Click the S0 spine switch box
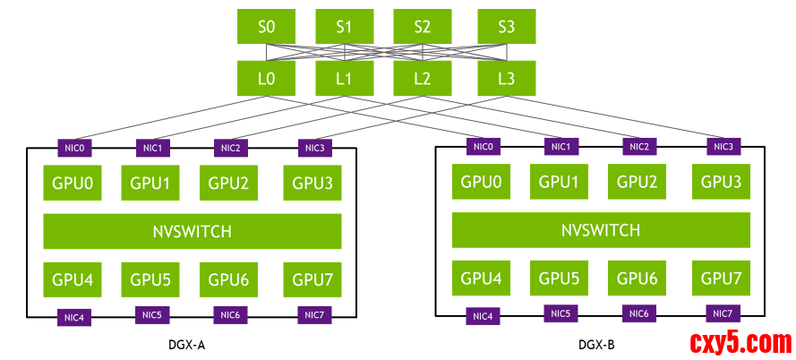coord(266,26)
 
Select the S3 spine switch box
coord(506,26)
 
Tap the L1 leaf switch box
coord(344,79)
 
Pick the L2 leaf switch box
coord(423,79)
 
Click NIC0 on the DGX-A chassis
coord(73,148)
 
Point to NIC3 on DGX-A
coord(314,148)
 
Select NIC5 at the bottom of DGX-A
coord(151,315)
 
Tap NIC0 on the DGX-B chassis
coord(484,146)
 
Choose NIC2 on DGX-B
coord(639,146)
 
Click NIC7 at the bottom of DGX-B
coord(723,313)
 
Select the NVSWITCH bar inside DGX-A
coord(193,231)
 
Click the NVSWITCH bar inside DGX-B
coord(601,230)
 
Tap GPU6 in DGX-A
coord(228,279)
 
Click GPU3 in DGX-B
coord(722,181)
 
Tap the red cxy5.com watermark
coord(740,342)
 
